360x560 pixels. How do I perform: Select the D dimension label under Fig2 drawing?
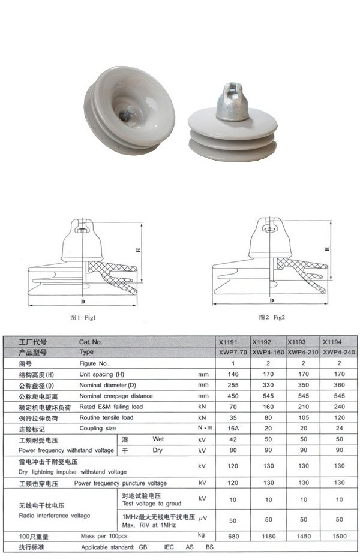coord(272,300)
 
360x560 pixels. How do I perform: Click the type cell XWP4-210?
coord(304,352)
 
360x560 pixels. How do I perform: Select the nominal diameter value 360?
coord(340,385)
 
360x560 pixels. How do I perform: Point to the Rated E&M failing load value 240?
coord(340,407)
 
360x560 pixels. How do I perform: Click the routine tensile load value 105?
coord(304,418)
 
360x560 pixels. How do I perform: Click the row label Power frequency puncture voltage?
coord(121,483)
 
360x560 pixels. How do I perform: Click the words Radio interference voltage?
coord(55,516)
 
